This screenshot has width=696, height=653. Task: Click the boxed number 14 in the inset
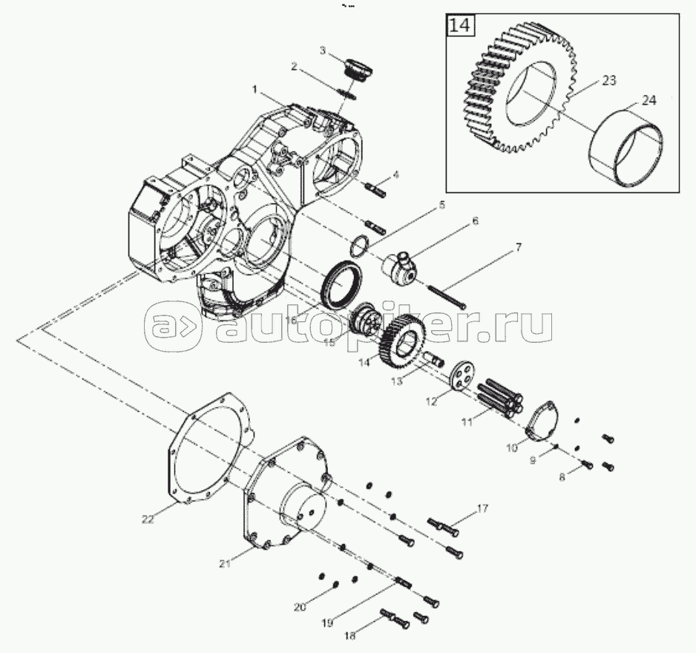459,25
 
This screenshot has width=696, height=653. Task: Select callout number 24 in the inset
648,101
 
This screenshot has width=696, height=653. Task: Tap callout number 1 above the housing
255,89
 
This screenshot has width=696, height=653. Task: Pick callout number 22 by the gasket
148,519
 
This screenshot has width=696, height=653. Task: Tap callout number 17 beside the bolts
482,508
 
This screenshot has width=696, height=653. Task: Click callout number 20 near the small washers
299,608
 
